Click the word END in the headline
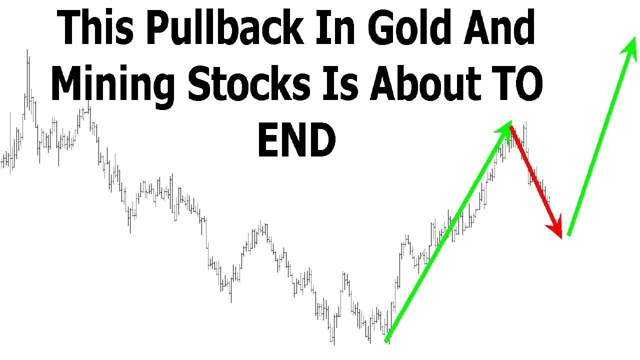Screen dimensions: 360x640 296,140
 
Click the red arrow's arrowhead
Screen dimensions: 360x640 556,227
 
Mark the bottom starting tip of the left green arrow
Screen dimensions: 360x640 386,341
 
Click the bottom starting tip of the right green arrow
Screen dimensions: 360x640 568,234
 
